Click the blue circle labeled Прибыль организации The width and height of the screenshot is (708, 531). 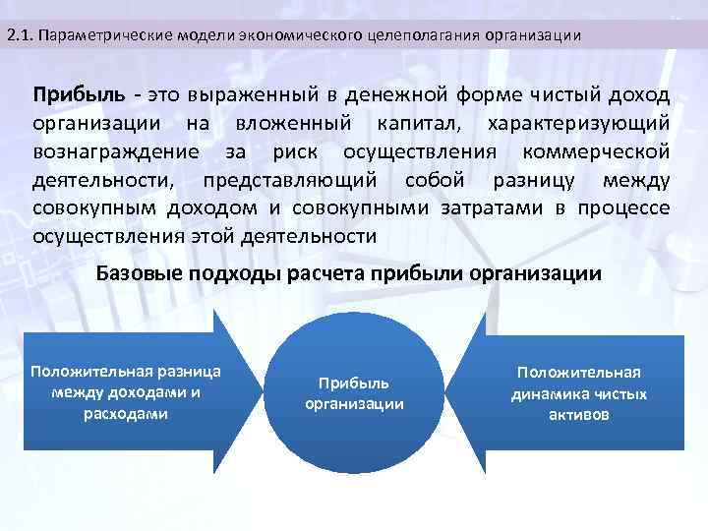tap(354, 393)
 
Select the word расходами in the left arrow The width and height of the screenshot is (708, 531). tap(126, 414)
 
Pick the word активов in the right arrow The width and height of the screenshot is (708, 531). tap(579, 415)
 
